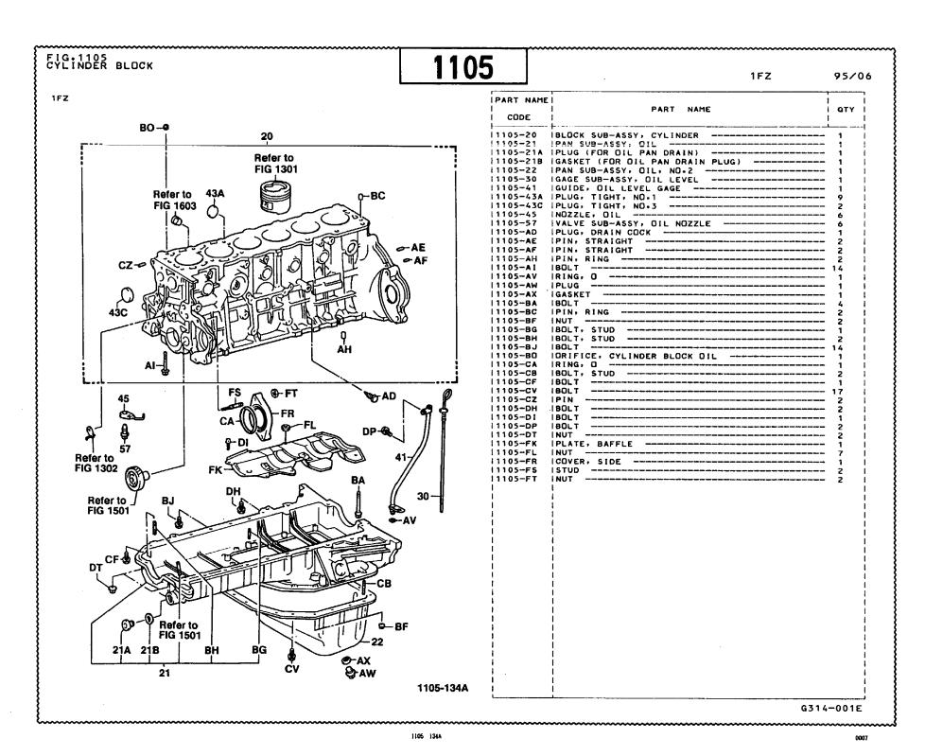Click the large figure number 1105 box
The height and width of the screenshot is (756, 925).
(463, 67)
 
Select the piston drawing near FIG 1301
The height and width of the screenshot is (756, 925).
(272, 196)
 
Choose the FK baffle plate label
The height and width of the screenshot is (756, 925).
(216, 468)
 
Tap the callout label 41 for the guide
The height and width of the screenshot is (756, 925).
(401, 457)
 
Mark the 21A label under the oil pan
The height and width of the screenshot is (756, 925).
(121, 650)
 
